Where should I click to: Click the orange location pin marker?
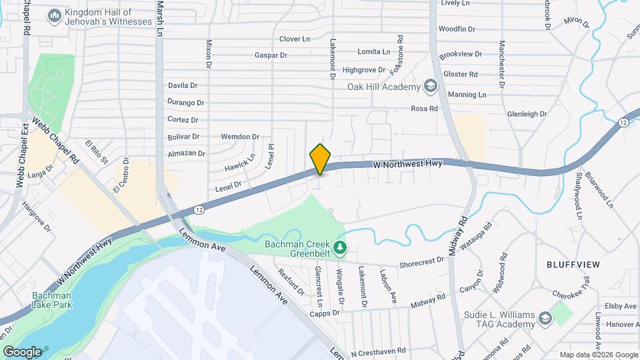point(321,159)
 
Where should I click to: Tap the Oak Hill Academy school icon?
point(431,87)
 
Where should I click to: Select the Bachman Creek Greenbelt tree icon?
point(341,248)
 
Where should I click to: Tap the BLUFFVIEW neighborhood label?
point(573,265)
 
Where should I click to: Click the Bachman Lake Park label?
point(51,300)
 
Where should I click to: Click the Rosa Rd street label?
point(424,109)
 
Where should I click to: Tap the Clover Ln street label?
point(295,39)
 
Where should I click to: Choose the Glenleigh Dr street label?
point(527,114)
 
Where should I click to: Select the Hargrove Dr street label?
point(37,218)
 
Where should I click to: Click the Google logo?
point(22,351)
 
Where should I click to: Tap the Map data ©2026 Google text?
point(599,355)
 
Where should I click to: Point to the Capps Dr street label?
point(325,313)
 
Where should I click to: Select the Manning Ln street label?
point(467,95)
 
